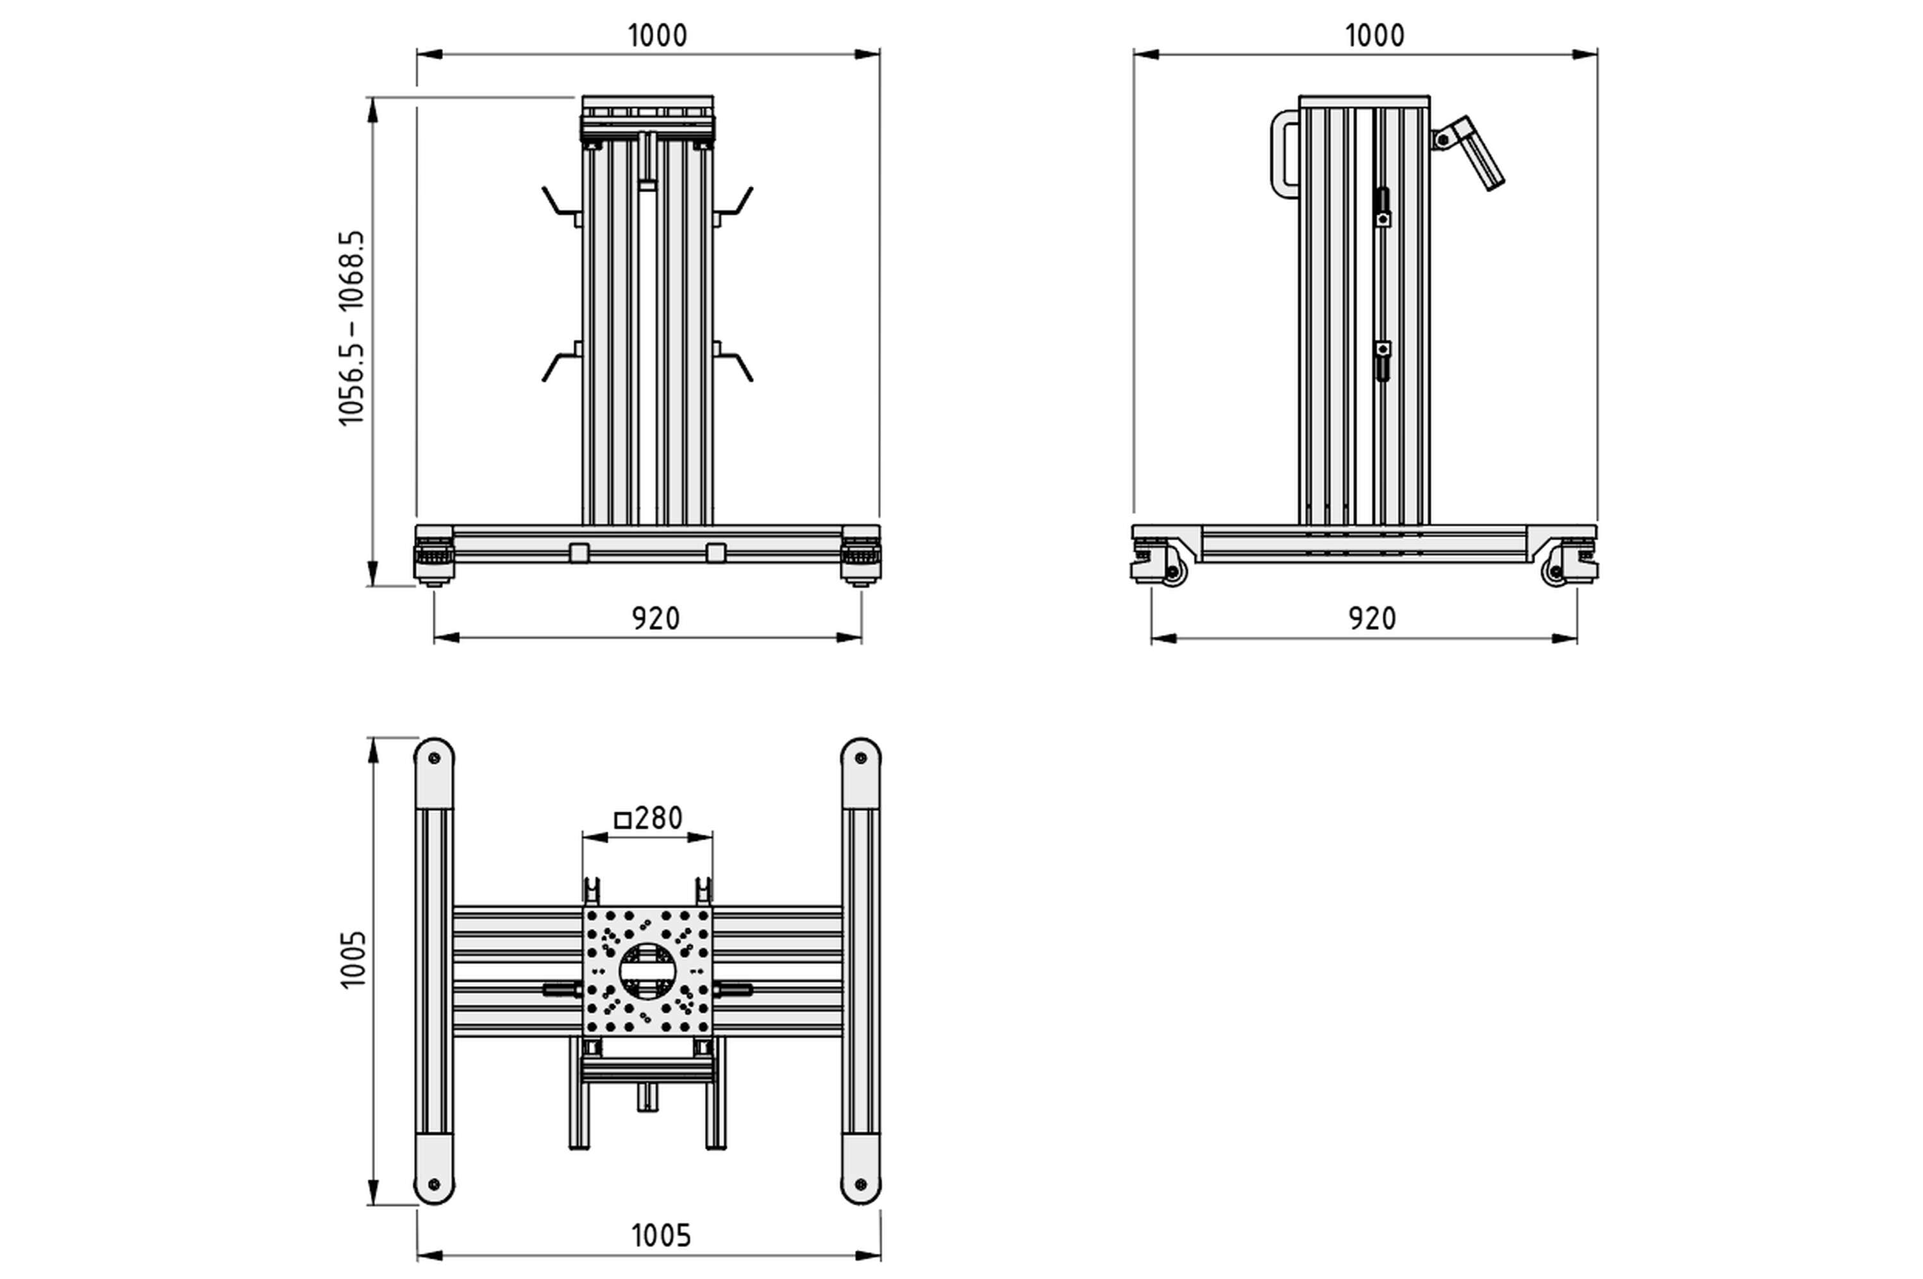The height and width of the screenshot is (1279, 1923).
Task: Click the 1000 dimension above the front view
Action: tap(657, 36)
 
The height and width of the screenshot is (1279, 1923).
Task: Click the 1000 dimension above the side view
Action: tap(1374, 36)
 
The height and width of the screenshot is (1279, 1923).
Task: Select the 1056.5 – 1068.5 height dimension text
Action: tap(352, 328)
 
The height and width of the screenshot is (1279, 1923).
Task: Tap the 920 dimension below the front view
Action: tap(655, 619)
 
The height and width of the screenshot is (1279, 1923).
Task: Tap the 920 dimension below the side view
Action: tap(1372, 619)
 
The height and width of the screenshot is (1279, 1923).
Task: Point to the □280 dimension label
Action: tap(649, 818)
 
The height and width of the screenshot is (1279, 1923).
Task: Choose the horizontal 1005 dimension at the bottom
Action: tap(661, 1236)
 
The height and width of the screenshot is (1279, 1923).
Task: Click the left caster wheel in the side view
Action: tap(1174, 572)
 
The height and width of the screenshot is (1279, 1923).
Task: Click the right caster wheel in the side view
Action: tap(1554, 572)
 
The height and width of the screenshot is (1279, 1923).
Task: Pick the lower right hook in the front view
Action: tap(737, 365)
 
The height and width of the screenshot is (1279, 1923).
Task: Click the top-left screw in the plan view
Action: tap(434, 759)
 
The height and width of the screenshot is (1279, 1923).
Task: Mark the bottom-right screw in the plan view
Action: tap(860, 1184)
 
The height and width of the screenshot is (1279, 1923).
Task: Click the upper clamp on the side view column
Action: tap(1382, 208)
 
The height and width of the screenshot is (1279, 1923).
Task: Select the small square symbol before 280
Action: tap(622, 820)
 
